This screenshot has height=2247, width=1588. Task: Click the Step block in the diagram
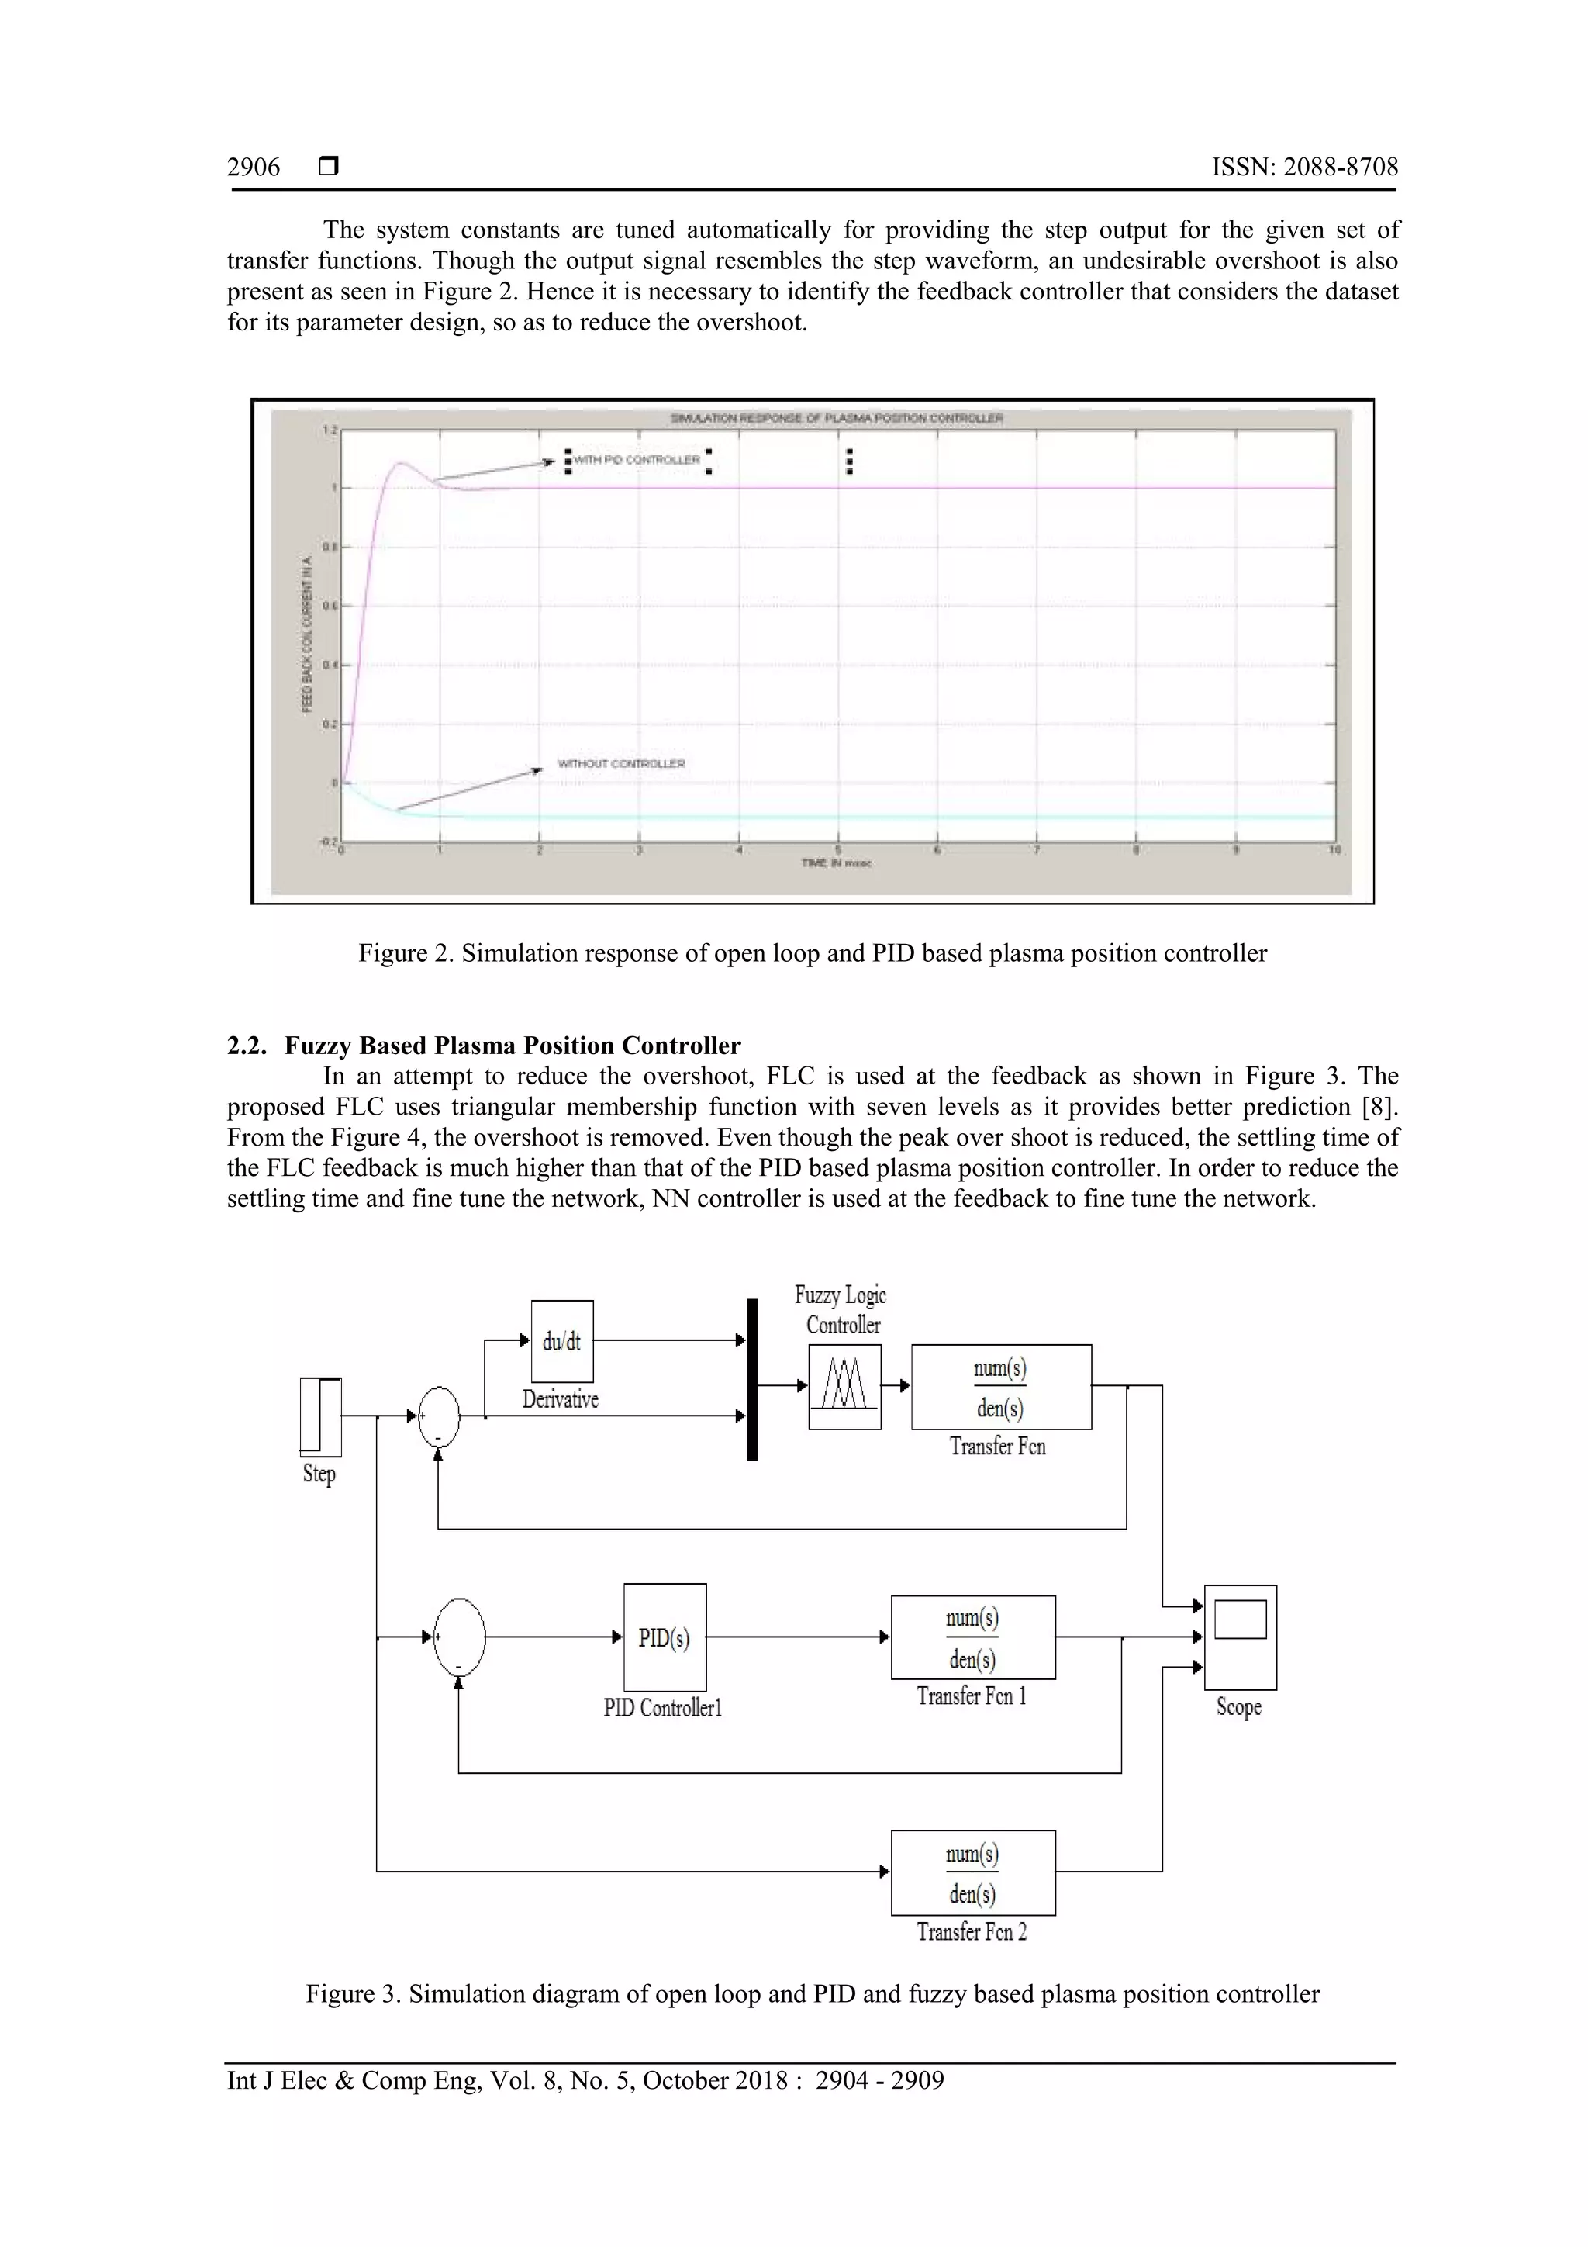[320, 1416]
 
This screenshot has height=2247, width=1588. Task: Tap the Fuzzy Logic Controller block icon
[844, 1386]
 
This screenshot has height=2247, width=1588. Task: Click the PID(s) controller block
[665, 1637]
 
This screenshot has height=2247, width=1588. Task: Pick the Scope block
[1240, 1637]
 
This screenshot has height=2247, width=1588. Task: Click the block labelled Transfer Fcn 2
[972, 1872]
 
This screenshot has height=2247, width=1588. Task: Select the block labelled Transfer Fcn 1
[972, 1637]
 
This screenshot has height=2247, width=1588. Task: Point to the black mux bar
[752, 1379]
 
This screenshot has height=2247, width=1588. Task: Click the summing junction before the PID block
[459, 1637]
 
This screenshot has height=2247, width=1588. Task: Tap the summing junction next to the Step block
[438, 1416]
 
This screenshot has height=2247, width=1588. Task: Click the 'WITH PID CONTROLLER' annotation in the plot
[636, 459]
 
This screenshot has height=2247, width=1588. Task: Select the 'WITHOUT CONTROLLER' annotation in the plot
[621, 763]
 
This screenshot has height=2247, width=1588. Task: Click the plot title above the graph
[837, 418]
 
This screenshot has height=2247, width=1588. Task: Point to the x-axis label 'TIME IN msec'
[837, 863]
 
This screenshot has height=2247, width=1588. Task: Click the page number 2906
[254, 168]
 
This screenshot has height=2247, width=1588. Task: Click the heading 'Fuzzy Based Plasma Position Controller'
[512, 1046]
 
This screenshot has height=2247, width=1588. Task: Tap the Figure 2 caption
[812, 953]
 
